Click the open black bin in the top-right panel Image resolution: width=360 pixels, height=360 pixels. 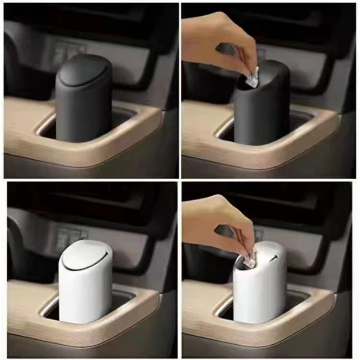(x=263, y=112)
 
